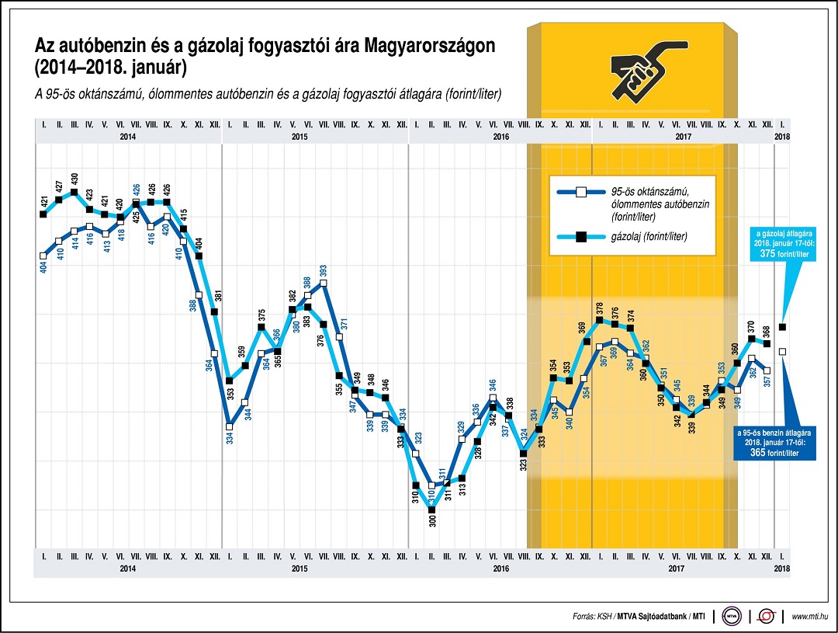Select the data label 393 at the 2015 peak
pos(324,271)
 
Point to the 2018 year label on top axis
pos(782,137)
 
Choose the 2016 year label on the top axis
pos(500,137)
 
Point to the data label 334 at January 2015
pos(230,438)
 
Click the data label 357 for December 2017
pos(767,381)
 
